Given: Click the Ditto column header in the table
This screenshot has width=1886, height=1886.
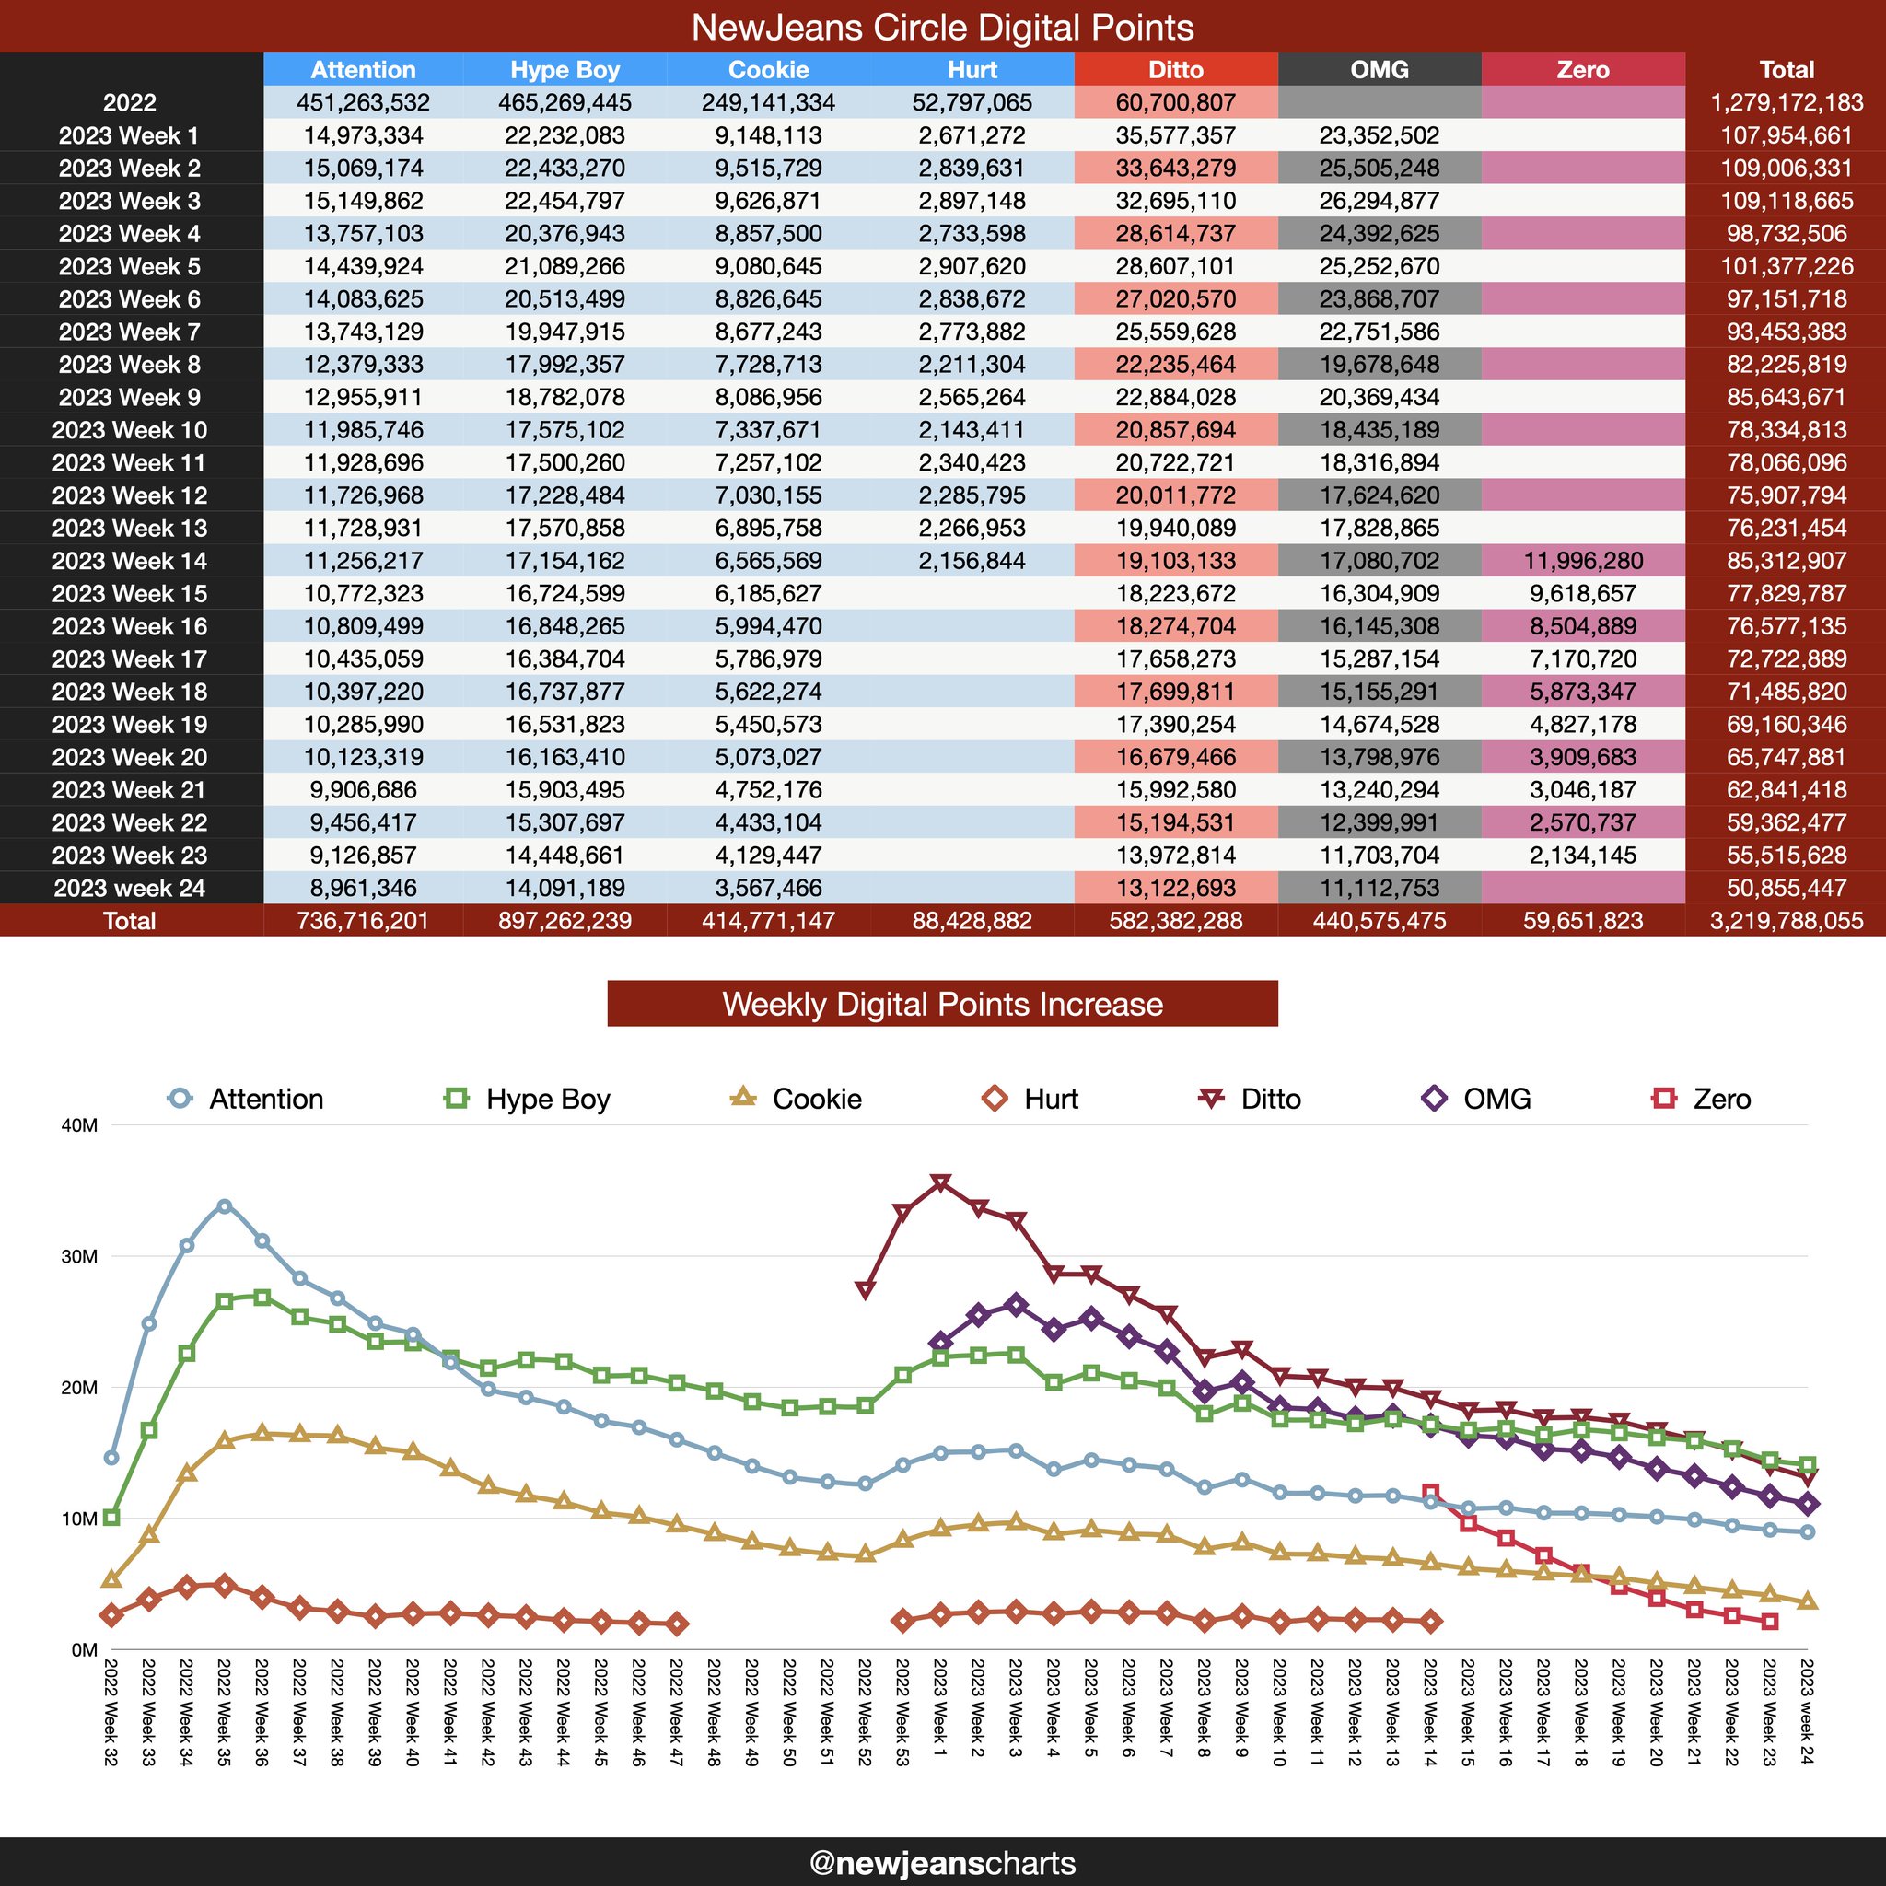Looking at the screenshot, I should (1175, 70).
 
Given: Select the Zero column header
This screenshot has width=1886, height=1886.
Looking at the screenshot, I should (1582, 70).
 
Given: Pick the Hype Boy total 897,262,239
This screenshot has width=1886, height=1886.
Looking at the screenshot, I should (565, 921).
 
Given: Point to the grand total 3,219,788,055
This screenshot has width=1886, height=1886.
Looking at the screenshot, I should (1786, 921).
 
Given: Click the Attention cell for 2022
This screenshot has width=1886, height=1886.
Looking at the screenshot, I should (363, 102).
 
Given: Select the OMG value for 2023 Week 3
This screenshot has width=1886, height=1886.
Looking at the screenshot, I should (1379, 201).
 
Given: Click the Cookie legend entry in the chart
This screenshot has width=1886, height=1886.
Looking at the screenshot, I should (797, 1100).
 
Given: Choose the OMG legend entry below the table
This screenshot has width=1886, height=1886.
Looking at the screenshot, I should (1477, 1100).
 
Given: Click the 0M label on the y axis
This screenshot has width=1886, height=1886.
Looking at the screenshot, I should (85, 1649).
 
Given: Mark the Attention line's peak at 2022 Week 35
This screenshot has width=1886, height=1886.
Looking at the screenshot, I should (225, 1206).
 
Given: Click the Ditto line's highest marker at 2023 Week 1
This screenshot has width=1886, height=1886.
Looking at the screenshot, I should (940, 1183).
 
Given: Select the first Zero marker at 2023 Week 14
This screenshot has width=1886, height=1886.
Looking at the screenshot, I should (1430, 1493).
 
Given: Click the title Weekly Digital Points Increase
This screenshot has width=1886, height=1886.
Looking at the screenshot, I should (942, 1005).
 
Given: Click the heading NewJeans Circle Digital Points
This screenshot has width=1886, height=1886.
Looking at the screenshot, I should (942, 28).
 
